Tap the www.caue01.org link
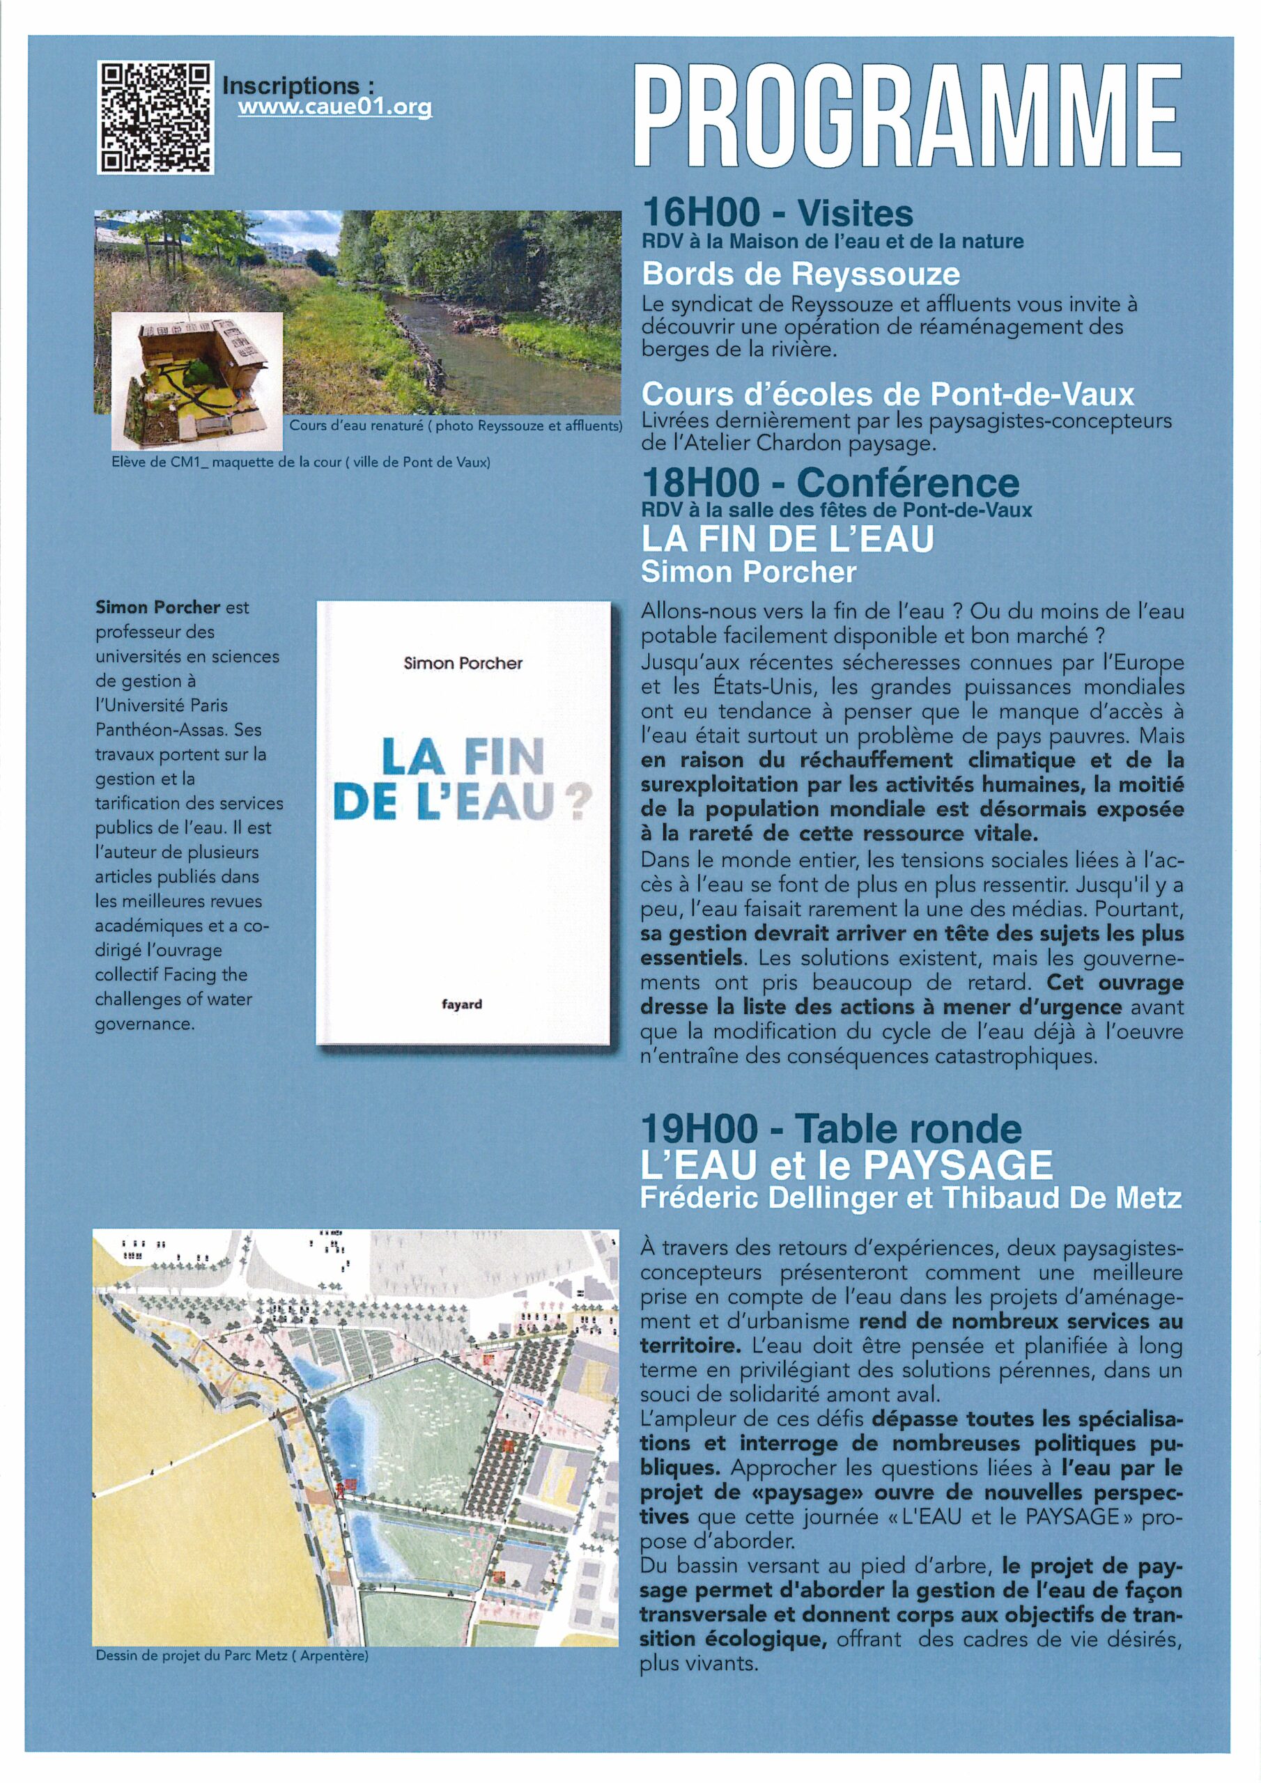tap(334, 108)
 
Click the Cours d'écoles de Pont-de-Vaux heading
tap(888, 394)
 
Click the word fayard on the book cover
tap(461, 1004)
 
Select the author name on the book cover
tap(463, 663)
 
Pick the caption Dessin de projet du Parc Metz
tap(231, 1656)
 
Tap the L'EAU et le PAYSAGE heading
tap(846, 1165)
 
